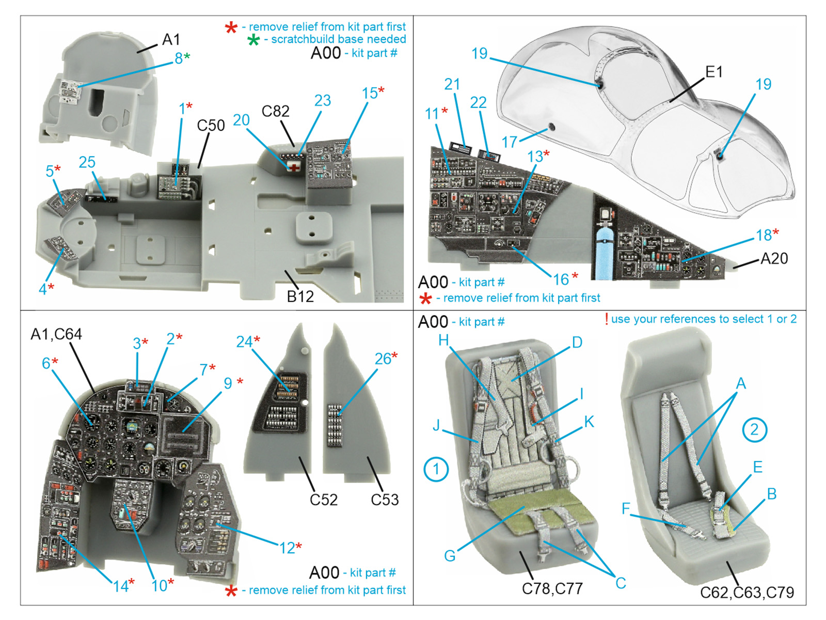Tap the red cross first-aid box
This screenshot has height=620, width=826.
tap(294, 166)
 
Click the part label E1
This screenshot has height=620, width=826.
tap(714, 72)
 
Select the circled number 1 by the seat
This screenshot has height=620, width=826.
tap(436, 470)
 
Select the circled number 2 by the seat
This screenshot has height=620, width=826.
tap(754, 429)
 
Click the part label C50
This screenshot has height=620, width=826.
tap(211, 126)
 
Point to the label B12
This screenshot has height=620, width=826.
tap(300, 296)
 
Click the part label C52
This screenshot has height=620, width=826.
tap(324, 500)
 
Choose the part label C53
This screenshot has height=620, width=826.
tap(385, 500)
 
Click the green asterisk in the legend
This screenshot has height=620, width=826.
tap(253, 40)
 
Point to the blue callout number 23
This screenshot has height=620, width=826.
tap(323, 100)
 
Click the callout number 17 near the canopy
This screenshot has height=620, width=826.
tap(510, 142)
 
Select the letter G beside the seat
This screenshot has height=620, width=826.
tap(450, 556)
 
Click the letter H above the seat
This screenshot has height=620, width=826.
tap(443, 340)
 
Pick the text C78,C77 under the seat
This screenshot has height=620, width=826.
tap(552, 588)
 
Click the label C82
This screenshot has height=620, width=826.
tap(275, 111)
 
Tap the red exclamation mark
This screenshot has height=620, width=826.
tap(606, 319)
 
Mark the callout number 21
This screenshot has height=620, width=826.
tap(452, 84)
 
